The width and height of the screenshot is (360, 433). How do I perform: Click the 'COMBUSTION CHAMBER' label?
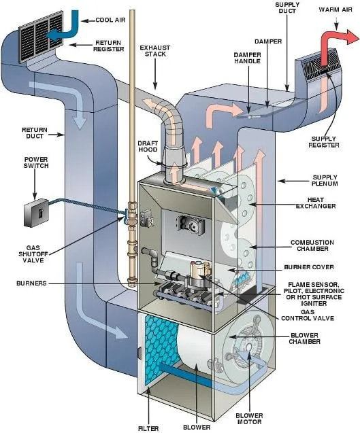pyautogui.click(x=312, y=245)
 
